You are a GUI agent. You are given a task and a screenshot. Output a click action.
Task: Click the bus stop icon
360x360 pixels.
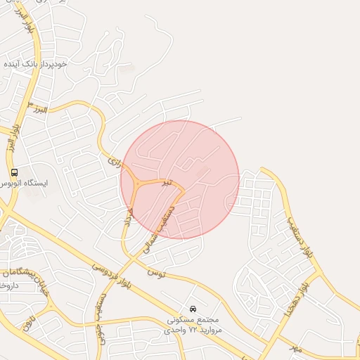click(14, 172)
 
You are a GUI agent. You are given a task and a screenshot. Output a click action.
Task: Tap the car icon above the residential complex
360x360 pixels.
click(193, 309)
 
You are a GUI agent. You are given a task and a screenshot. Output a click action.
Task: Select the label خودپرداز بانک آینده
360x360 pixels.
click(35, 63)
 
